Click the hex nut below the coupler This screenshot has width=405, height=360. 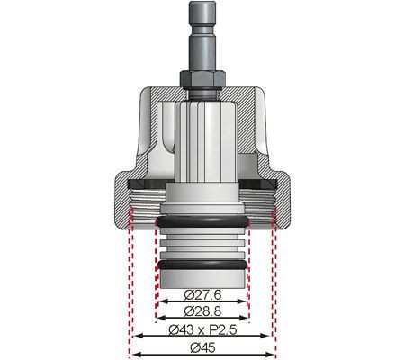(202, 79)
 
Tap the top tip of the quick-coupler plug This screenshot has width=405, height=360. (202, 5)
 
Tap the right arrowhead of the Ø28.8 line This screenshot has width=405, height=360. (249, 318)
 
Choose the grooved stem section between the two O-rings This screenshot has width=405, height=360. (202, 244)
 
